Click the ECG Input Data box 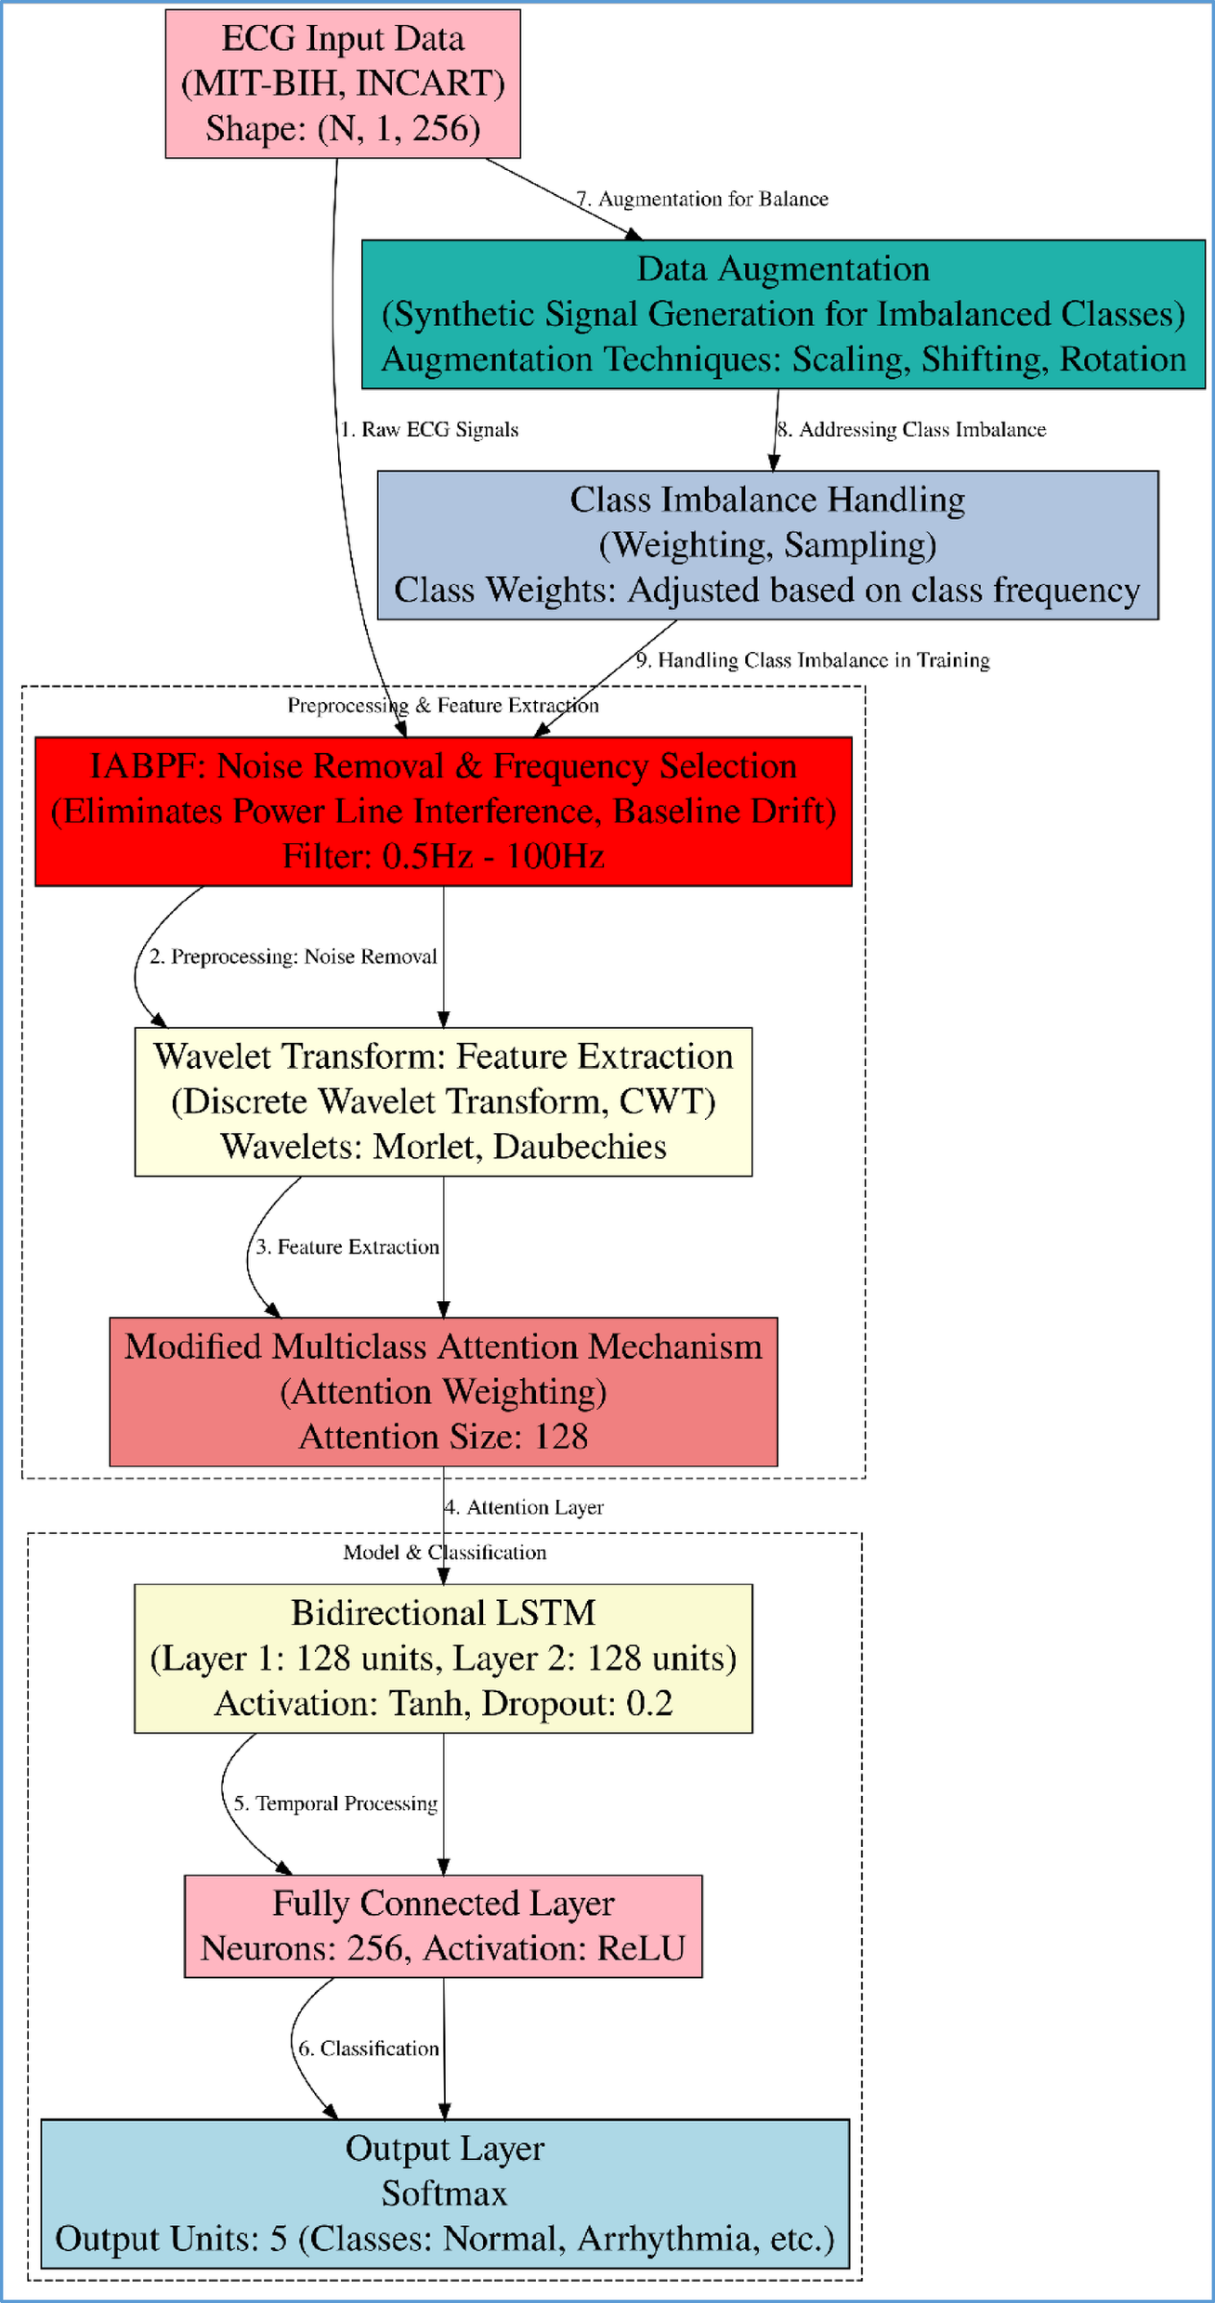342,84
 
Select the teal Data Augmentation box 782,314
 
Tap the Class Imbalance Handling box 767,544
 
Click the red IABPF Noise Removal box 443,811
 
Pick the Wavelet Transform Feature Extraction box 443,1101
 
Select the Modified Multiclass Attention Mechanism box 443,1391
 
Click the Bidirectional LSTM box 443,1658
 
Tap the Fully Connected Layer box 443,1926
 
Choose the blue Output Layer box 444,2193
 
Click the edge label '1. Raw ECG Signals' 429,430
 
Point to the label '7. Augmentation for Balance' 702,199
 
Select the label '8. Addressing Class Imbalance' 911,430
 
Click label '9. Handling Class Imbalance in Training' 813,660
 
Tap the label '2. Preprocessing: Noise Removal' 294,956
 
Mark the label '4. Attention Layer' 524,1507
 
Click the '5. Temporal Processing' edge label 335,1803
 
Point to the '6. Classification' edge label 368,2049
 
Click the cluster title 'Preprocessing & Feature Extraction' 442,706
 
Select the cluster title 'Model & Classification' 444,1553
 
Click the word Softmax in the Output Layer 444,2193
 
